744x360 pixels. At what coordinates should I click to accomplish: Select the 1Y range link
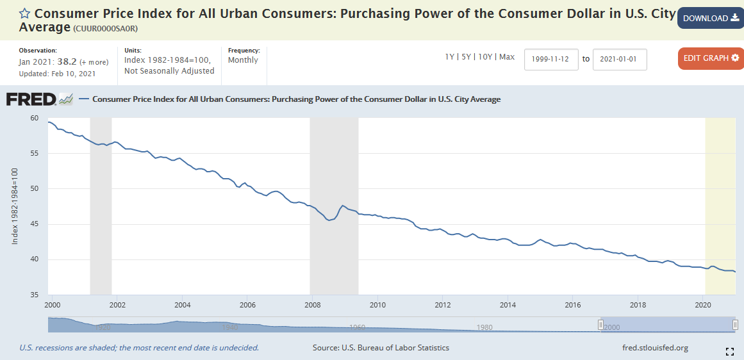pyautogui.click(x=450, y=57)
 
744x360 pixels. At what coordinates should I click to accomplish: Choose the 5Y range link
pyautogui.click(x=467, y=57)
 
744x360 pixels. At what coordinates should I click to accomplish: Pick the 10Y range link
pyautogui.click(x=486, y=57)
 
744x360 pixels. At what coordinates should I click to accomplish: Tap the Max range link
pyautogui.click(x=507, y=57)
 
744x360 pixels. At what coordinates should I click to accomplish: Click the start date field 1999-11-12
pyautogui.click(x=551, y=59)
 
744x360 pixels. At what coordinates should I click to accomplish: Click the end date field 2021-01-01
pyautogui.click(x=620, y=59)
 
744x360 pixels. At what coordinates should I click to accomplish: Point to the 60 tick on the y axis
pyautogui.click(x=35, y=119)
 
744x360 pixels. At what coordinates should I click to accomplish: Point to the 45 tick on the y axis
pyautogui.click(x=35, y=224)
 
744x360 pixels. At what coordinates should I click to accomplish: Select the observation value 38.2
pyautogui.click(x=67, y=61)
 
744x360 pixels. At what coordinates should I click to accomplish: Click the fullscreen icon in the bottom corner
pyautogui.click(x=729, y=351)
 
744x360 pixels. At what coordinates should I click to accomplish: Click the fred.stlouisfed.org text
pyautogui.click(x=655, y=348)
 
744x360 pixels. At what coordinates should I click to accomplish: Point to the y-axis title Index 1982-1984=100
pyautogui.click(x=15, y=206)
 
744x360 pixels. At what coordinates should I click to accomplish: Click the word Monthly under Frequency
pyautogui.click(x=243, y=60)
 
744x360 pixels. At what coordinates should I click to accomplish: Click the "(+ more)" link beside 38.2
pyautogui.click(x=94, y=62)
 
